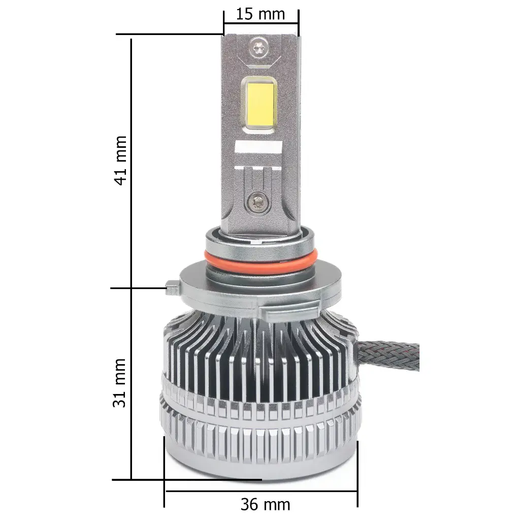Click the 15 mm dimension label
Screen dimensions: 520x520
click(261, 13)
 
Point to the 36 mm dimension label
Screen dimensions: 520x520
click(265, 504)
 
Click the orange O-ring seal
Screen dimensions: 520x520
click(261, 257)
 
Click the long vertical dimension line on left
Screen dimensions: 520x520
click(132, 254)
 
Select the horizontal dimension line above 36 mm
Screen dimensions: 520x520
click(261, 491)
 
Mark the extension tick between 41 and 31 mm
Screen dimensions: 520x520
click(137, 288)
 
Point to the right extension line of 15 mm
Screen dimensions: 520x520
click(299, 23)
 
